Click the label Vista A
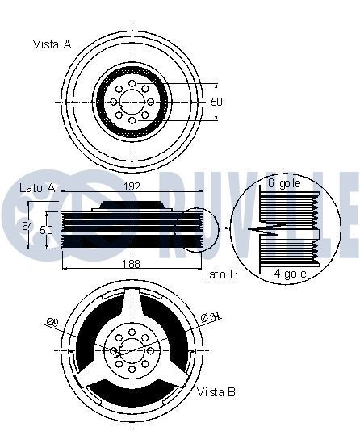click(52, 44)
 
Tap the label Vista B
click(216, 392)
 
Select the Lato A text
click(36, 187)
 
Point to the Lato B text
click(220, 274)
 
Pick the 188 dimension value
click(129, 263)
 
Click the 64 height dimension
click(27, 227)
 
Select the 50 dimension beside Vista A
click(216, 102)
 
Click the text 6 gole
click(284, 184)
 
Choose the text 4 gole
click(290, 274)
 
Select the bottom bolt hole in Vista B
click(131, 370)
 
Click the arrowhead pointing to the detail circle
click(228, 230)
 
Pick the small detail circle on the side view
click(199, 230)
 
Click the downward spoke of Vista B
click(131, 387)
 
